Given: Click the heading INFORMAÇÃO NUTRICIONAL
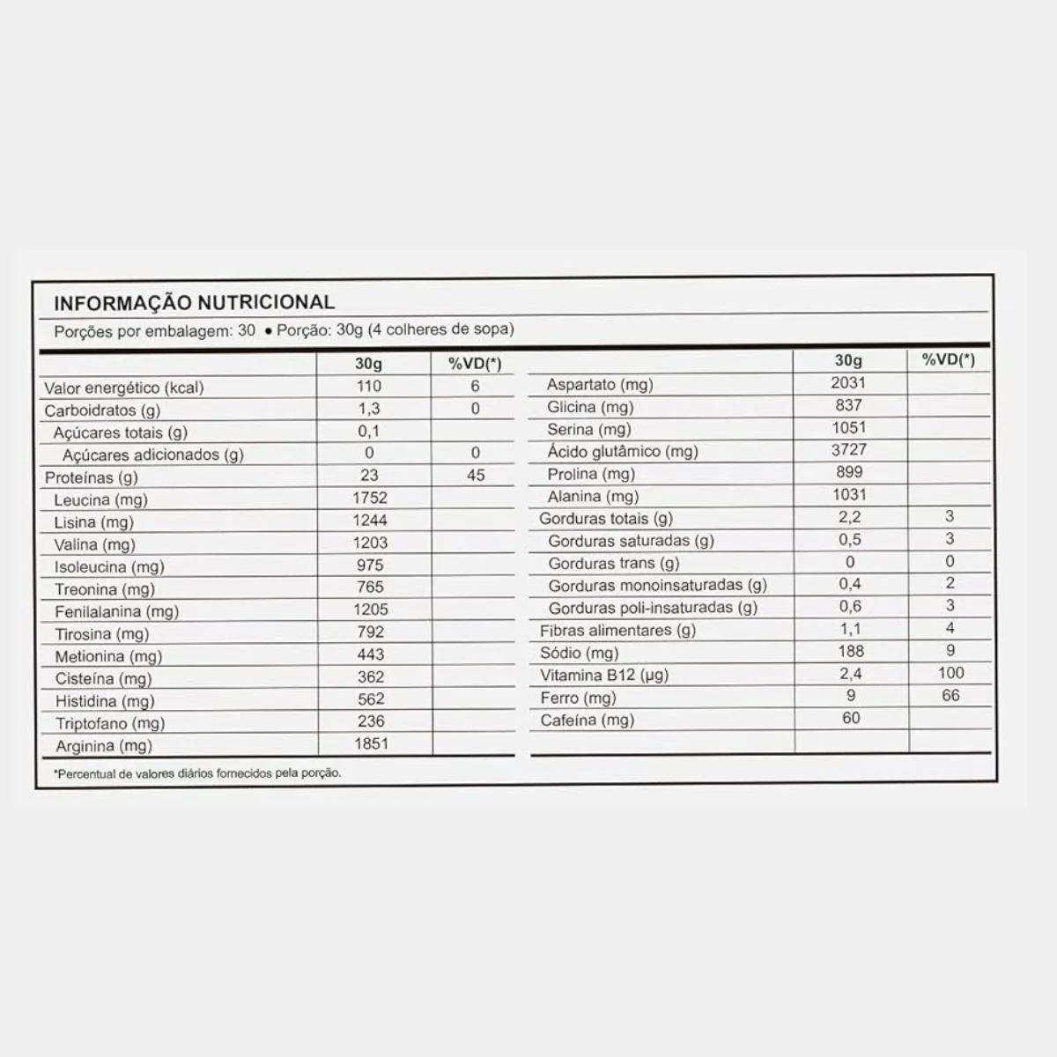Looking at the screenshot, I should [x=194, y=302].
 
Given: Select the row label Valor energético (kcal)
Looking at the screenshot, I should [x=124, y=388].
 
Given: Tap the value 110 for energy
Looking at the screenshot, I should [x=369, y=386].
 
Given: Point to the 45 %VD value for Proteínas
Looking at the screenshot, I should [x=476, y=475].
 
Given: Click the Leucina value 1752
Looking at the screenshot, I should [x=370, y=498].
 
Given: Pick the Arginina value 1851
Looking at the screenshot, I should [x=370, y=743].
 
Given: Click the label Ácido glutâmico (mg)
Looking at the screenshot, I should [x=622, y=451].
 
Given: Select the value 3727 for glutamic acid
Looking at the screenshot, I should [x=849, y=449].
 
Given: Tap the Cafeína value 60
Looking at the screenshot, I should [x=851, y=718].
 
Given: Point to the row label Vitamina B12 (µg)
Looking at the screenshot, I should [x=604, y=676].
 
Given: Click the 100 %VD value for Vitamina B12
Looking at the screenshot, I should [x=950, y=673].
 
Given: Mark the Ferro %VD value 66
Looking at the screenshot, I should [x=950, y=695].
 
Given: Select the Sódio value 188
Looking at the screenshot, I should [x=851, y=651].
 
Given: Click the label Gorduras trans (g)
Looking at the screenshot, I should [x=614, y=563].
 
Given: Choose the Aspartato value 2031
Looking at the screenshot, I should [x=848, y=382].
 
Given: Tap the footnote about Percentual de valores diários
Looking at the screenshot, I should [x=197, y=773].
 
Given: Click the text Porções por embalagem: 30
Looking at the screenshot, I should [x=155, y=330].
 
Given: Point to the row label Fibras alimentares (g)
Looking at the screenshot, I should [x=617, y=631].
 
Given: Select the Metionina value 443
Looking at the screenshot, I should [x=371, y=654].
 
